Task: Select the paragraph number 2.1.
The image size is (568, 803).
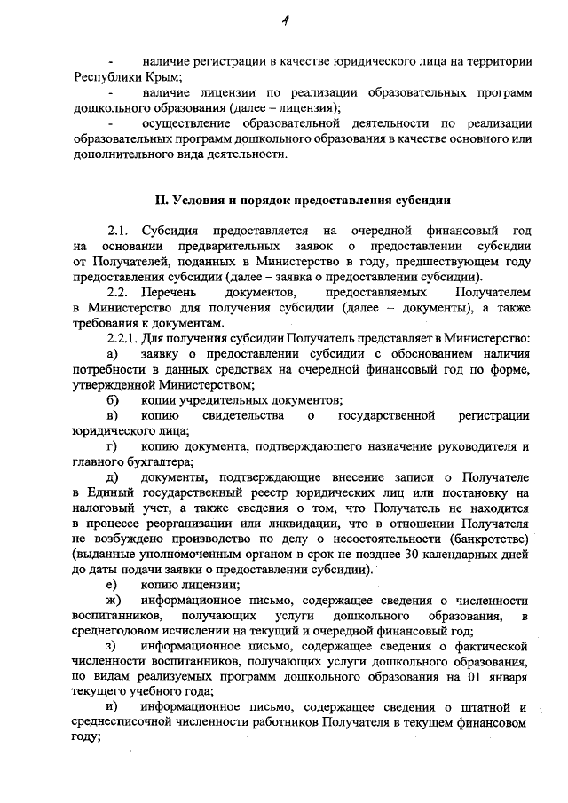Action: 117,231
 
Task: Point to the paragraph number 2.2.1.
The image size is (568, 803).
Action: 124,339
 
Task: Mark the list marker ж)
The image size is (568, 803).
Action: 113,600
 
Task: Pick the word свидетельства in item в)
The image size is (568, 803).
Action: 242,415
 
